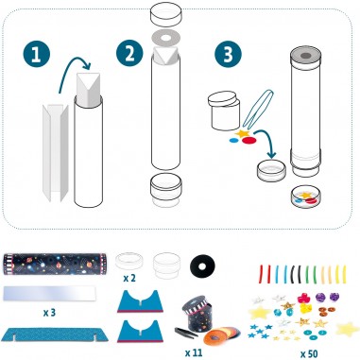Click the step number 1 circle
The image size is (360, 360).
[x=37, y=55]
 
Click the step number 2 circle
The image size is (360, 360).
[x=129, y=54]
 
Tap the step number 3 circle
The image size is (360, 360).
[x=229, y=54]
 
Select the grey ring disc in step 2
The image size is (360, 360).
[x=165, y=38]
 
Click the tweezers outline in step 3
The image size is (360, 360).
[x=257, y=109]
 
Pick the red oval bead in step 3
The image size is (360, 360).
[x=249, y=141]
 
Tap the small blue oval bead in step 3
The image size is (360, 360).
[x=233, y=141]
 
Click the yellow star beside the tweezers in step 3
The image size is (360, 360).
[x=243, y=134]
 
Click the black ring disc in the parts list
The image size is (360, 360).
[x=201, y=267]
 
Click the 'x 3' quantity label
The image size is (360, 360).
[x=50, y=313]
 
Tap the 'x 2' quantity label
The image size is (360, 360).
[x=129, y=279]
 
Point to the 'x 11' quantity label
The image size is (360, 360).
[x=194, y=352]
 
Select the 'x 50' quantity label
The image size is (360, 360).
[x=309, y=353]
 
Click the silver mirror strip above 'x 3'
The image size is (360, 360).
[x=49, y=293]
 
